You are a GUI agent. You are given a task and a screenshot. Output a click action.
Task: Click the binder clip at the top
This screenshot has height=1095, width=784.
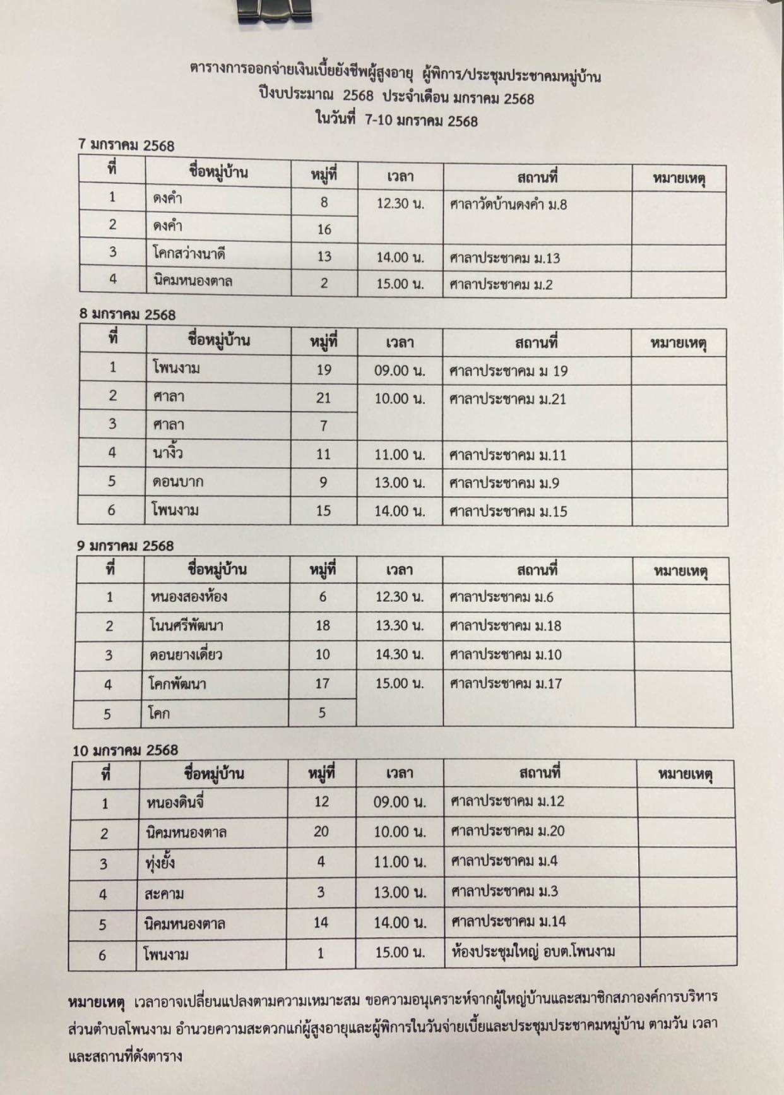(x=276, y=12)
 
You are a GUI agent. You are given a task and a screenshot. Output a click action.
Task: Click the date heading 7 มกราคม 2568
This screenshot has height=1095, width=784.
(x=126, y=145)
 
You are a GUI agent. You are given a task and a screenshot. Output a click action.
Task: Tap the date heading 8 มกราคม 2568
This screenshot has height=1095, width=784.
(x=127, y=314)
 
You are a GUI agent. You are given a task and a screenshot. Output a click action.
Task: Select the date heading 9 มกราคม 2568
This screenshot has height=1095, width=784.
(x=125, y=545)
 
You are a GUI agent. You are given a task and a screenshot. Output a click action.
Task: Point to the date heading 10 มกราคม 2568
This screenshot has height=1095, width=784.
(x=125, y=750)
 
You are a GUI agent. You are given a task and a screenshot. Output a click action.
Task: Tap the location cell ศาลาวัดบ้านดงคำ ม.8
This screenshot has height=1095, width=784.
(x=508, y=205)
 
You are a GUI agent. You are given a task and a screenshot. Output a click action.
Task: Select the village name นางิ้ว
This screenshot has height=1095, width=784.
(x=167, y=453)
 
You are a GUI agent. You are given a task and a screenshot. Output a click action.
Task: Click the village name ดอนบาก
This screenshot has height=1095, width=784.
(x=177, y=482)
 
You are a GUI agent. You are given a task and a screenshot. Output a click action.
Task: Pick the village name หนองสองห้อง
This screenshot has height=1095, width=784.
(x=189, y=597)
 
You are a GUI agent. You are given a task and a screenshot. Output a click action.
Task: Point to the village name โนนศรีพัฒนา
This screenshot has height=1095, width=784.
(x=186, y=626)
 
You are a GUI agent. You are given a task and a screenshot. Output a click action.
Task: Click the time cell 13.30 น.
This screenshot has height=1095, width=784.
(x=399, y=626)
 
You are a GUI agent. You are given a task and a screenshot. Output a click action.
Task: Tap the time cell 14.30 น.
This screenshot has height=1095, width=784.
(x=399, y=655)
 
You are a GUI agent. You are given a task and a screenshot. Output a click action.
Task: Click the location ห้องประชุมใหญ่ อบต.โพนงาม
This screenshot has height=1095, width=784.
(x=533, y=951)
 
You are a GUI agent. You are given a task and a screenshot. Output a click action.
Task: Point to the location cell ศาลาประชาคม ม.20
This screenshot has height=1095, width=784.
(x=508, y=831)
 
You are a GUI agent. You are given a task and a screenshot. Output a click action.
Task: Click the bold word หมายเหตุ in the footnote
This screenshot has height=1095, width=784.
(x=97, y=1002)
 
